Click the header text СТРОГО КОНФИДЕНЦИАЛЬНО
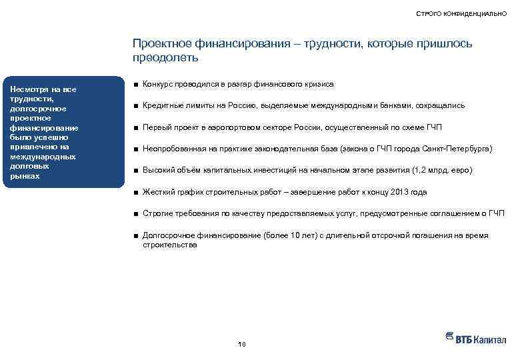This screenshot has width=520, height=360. click(461, 13)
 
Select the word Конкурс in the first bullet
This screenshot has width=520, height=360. click(158, 84)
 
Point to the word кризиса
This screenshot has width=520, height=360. click(319, 84)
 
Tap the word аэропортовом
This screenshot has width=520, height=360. click(228, 127)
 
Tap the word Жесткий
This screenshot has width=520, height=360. click(157, 192)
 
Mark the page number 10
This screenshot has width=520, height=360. click(241, 344)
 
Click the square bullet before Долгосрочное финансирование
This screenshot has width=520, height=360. click(135, 236)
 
